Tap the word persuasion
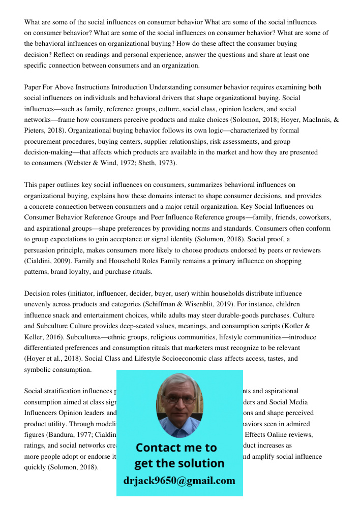tap(41, 250)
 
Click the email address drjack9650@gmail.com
tap(179, 481)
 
